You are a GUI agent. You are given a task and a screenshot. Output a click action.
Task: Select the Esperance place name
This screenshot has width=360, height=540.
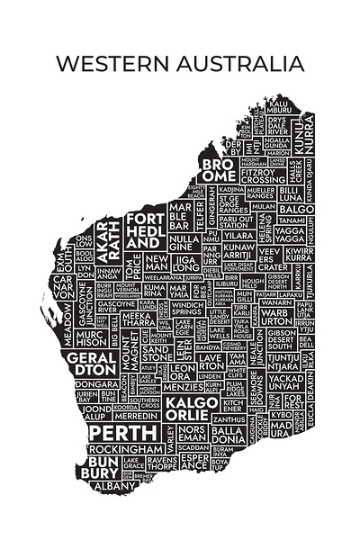coord(193,463)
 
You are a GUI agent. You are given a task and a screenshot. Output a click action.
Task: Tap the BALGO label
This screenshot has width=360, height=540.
coord(298,210)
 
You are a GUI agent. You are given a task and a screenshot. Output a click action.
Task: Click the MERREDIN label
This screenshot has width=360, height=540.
coord(136,418)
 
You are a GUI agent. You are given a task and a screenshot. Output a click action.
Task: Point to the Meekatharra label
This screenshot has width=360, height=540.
coord(139,320)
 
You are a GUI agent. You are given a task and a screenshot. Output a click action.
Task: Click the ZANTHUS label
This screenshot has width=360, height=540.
coord(229,419)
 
